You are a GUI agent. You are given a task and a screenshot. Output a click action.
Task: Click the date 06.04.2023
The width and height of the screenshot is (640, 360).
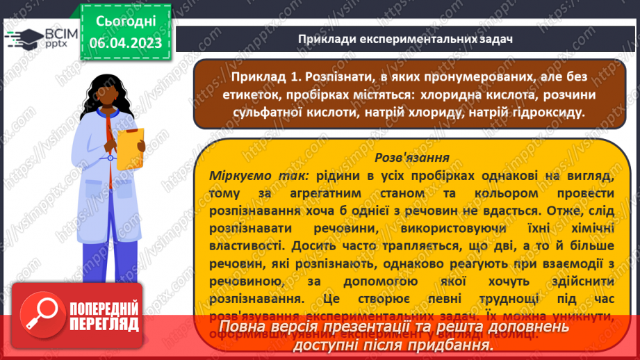click(125, 43)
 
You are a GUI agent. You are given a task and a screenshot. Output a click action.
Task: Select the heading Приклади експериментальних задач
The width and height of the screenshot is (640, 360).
click(405, 39)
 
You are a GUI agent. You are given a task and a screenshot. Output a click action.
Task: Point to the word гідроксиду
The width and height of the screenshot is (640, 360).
click(545, 112)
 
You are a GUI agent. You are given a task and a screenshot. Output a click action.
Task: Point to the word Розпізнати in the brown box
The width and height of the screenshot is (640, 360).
click(343, 74)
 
